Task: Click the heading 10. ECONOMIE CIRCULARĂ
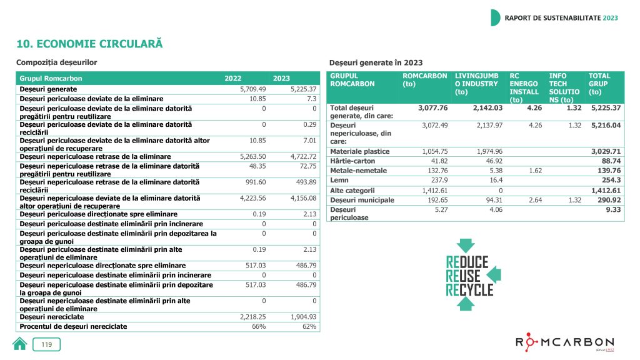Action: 89,44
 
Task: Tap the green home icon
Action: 20,343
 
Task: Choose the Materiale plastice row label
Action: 359,152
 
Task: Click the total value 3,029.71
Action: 604,152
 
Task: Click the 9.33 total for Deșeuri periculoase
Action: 612,210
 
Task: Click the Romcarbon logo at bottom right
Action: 564,343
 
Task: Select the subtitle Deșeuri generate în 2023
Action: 376,62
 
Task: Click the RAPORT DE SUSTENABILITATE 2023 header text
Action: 561,17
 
